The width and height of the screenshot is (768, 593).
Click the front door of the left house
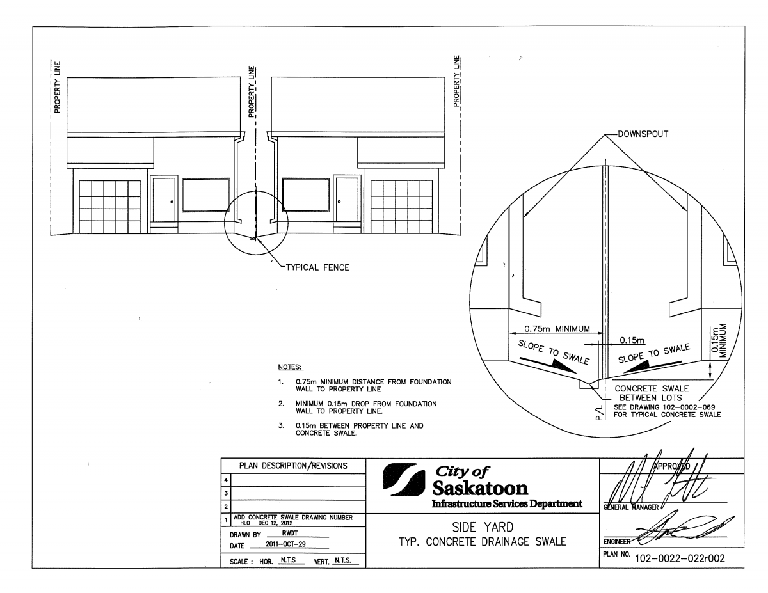pos(164,200)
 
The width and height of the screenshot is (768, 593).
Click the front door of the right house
pos(348,200)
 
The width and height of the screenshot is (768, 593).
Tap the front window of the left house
pos(205,195)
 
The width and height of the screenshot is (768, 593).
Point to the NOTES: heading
pos(291,368)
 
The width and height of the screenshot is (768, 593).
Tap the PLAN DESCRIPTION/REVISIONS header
pos(292,466)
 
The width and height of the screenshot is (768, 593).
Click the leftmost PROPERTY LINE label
pos(57,88)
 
